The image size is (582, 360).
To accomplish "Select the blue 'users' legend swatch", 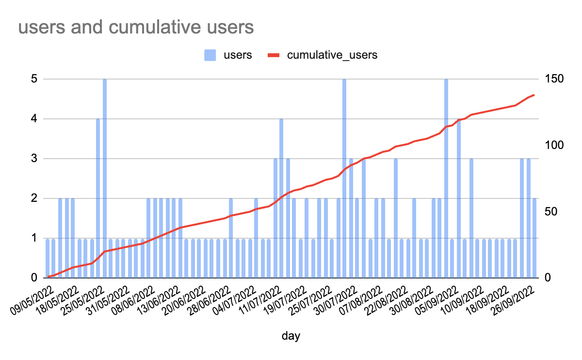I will (210, 55).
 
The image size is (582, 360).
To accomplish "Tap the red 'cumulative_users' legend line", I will (275, 55).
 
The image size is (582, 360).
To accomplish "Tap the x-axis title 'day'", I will (291, 336).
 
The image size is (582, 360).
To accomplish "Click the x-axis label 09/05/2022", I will (31, 301).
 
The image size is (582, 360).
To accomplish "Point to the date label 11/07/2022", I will (258, 301).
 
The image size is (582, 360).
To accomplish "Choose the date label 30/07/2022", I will (335, 301).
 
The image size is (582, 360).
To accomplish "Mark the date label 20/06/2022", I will (184, 301).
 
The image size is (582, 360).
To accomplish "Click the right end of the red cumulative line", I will (534, 95).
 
